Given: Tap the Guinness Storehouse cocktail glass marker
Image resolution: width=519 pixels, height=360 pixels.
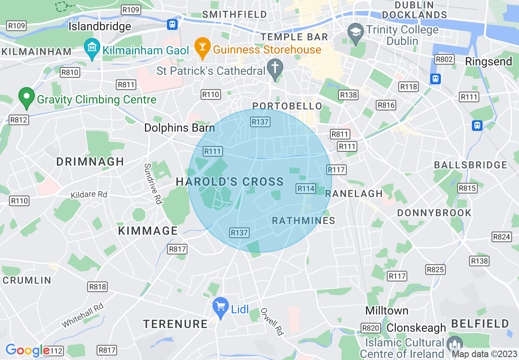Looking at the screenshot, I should click(202, 47).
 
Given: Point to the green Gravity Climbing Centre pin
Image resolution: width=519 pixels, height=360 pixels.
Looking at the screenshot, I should click(27, 97).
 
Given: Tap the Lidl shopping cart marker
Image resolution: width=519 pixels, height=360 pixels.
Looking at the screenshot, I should click(221, 307).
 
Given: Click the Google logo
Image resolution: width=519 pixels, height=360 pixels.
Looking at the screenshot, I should click(27, 350).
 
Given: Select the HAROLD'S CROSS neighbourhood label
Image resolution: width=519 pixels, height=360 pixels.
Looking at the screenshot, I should click(230, 182).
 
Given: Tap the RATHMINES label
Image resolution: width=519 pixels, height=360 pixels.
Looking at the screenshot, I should click(304, 220).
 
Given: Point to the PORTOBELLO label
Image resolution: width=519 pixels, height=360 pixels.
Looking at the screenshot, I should click(287, 106).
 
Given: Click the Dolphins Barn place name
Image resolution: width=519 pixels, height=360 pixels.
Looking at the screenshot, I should click(179, 128).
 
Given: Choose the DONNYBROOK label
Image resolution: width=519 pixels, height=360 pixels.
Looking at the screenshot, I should click(434, 213).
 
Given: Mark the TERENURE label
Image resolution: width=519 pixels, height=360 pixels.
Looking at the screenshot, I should click(175, 324).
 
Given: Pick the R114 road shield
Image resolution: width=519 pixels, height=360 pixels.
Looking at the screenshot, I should click(306, 188).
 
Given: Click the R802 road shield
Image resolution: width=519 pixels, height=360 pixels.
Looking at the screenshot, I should click(444, 59).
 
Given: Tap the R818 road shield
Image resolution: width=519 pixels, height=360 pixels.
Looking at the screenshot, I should click(97, 287).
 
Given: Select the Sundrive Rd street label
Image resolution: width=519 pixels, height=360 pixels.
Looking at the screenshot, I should click(152, 184).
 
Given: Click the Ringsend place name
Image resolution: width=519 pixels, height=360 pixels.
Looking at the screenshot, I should click(488, 61).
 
